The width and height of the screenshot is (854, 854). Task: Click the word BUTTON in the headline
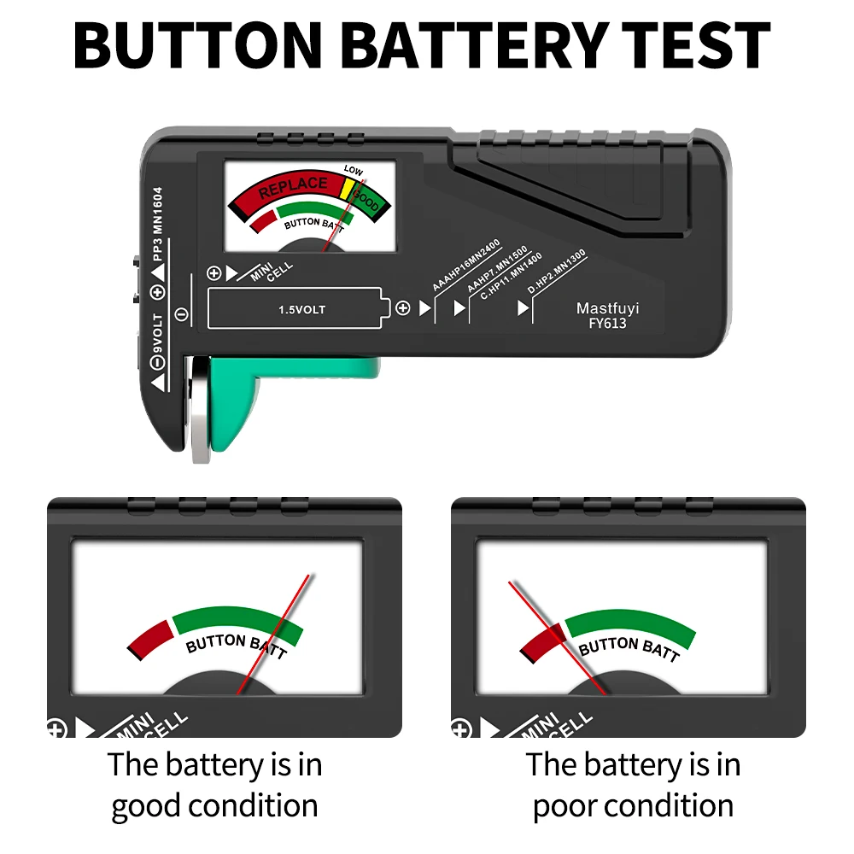[198, 45]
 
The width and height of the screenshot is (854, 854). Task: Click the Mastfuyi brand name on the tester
[607, 308]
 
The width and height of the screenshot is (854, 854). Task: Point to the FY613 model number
[607, 324]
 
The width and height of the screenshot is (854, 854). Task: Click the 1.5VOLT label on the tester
[301, 310]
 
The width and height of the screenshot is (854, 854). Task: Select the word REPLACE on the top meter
[293, 187]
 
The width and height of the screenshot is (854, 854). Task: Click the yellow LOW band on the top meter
[347, 188]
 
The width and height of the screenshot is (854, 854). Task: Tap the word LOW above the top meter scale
[353, 170]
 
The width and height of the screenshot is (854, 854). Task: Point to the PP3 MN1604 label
[157, 224]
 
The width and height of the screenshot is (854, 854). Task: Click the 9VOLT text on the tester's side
[157, 334]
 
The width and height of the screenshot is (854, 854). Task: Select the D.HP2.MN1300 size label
[556, 272]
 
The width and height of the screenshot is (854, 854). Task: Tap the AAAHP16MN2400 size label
[465, 266]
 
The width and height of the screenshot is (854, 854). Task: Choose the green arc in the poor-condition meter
[631, 625]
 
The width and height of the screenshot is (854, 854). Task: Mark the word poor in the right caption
[565, 807]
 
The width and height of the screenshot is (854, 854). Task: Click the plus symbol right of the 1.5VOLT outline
[402, 308]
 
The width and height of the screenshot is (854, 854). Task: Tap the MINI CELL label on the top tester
[272, 272]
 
